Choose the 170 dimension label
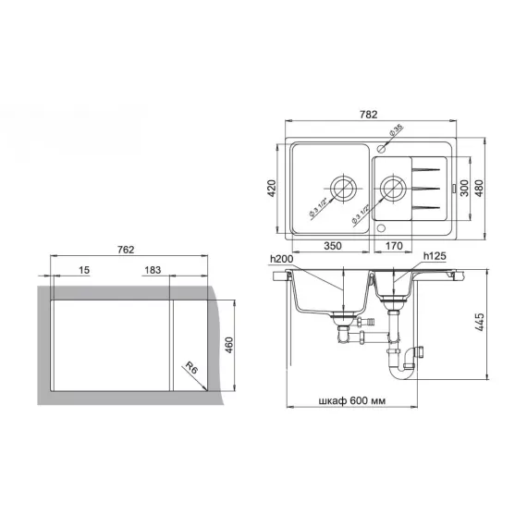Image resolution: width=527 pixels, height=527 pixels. click(x=393, y=247)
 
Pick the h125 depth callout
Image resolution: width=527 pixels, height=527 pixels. click(x=435, y=256)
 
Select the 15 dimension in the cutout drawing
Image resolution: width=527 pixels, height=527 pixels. click(x=84, y=271)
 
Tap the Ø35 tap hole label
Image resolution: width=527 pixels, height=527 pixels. click(x=396, y=132)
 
